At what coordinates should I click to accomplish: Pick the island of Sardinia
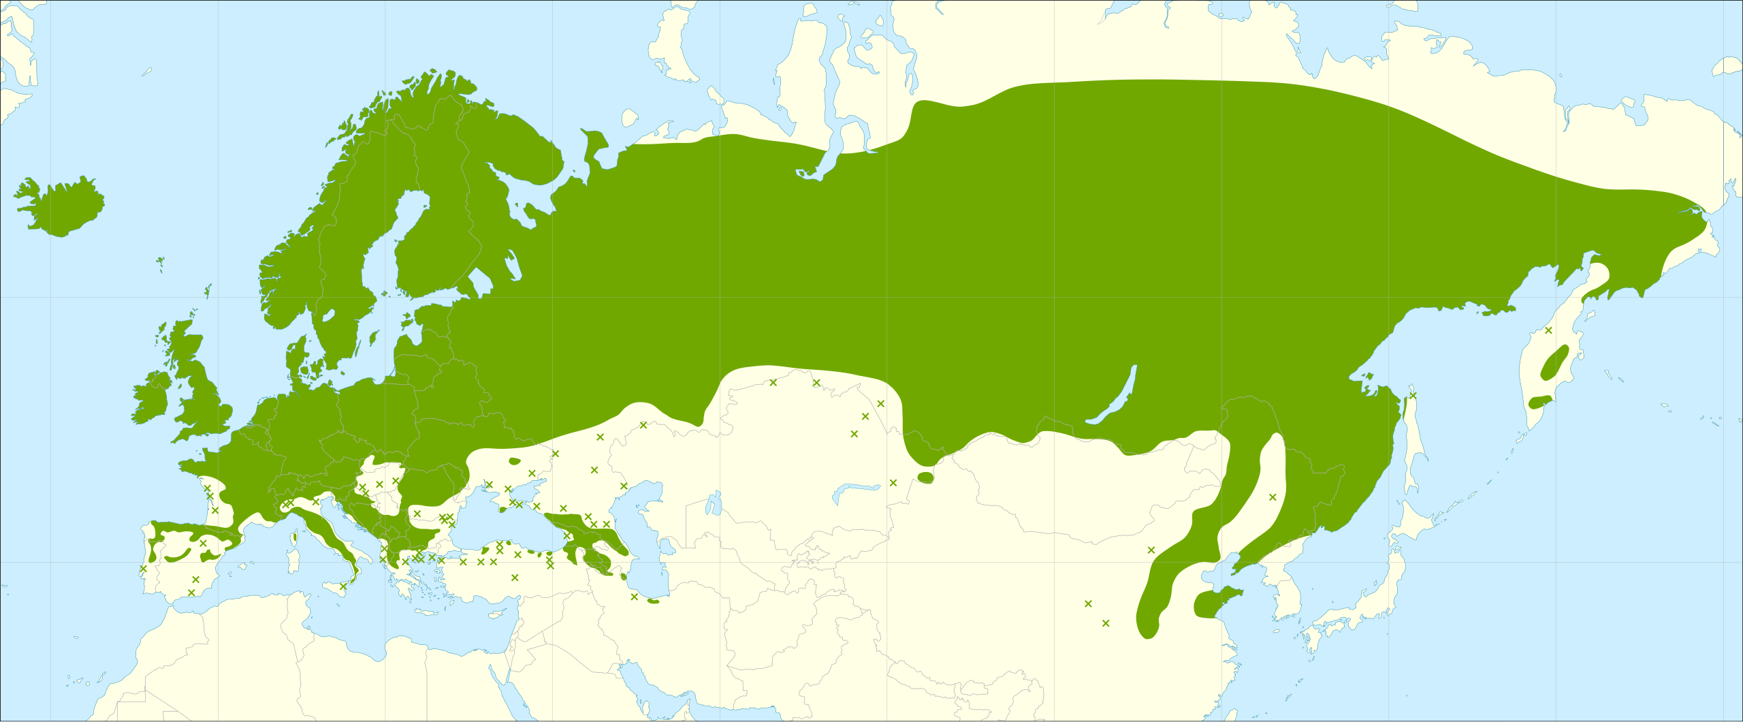point(294,560)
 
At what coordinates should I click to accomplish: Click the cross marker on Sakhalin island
point(1413,395)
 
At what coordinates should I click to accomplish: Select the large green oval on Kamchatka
point(1555,362)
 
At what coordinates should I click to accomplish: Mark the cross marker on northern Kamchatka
point(1548,330)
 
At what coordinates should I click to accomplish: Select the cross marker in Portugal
point(143,569)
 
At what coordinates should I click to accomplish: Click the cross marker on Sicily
point(343,586)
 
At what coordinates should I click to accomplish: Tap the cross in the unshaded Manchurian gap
point(1273,497)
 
